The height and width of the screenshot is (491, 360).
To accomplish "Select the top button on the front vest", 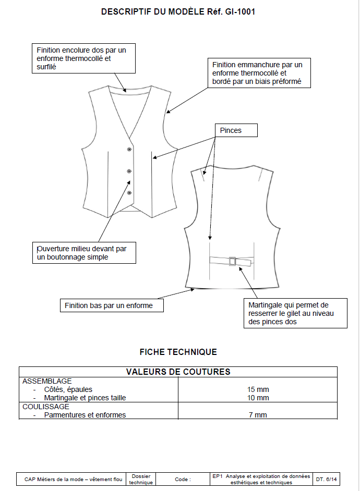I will tap(129, 150).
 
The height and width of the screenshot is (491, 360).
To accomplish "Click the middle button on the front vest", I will tap(129, 171).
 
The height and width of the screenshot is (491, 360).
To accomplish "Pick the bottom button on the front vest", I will tap(129, 193).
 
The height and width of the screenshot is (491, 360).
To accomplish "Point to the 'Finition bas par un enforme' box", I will tap(112, 305).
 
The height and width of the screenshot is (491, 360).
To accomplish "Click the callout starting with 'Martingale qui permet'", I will tap(295, 313).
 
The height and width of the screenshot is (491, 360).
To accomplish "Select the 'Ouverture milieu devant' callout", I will tap(86, 253).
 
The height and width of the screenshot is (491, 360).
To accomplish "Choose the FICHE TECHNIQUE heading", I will tap(178, 352).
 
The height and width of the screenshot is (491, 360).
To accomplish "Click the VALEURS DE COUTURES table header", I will tap(178, 372).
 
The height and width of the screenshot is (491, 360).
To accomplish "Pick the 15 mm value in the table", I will tap(258, 389).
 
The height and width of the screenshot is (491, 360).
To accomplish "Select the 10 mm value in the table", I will tap(258, 398).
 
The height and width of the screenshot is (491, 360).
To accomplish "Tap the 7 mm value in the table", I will tap(258, 415).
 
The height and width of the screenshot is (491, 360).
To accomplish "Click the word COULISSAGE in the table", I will tap(46, 407).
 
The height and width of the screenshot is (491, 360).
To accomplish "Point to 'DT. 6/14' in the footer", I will tap(327, 479).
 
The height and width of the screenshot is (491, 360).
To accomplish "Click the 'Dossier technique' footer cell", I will tap(141, 479).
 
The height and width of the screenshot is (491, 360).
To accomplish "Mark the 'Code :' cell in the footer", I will tap(183, 479).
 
